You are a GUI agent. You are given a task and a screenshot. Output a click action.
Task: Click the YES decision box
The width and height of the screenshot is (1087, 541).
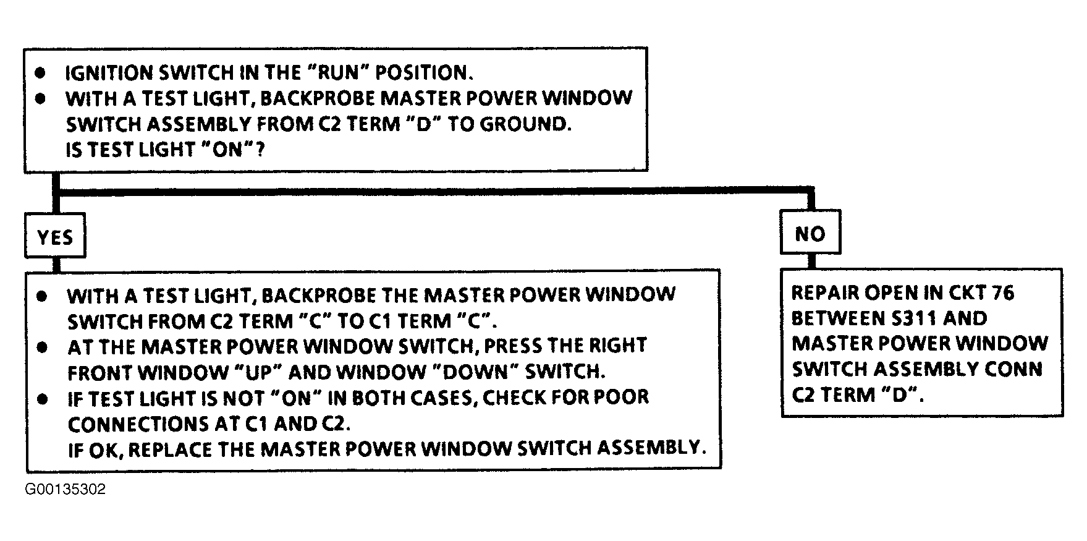tap(55, 236)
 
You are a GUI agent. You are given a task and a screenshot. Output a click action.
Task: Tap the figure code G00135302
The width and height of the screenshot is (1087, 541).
tap(66, 490)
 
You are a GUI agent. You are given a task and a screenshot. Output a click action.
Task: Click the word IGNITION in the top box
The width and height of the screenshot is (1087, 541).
tap(110, 72)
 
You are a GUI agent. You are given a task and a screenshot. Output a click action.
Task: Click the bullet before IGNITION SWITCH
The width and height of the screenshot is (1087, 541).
tap(41, 73)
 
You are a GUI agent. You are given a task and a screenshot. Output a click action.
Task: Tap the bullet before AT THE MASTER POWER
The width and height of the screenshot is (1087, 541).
tap(42, 347)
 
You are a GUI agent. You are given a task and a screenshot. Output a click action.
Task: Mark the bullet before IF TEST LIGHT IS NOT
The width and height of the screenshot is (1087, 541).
tap(42, 399)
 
